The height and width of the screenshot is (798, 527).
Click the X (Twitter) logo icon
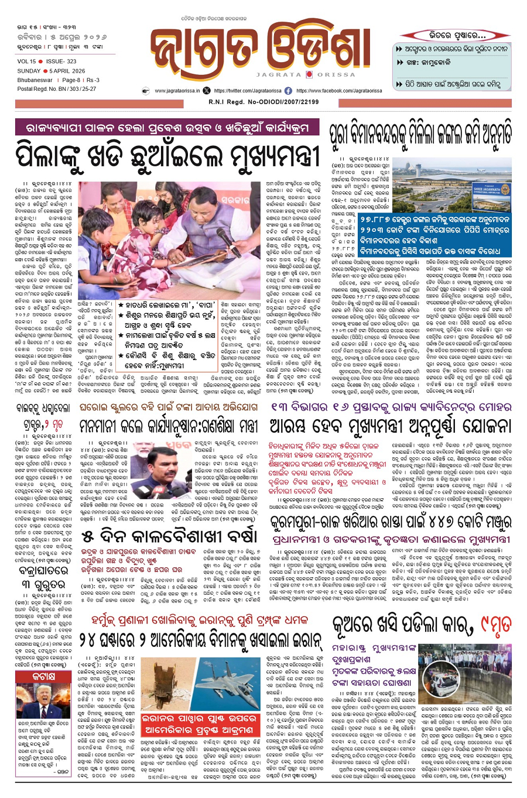pyautogui.click(x=206, y=91)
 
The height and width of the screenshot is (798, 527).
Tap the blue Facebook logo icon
pyautogui.click(x=288, y=91)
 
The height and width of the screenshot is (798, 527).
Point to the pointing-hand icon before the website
pyautogui.click(x=146, y=91)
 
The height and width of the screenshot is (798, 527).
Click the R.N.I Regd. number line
pyautogui.click(x=263, y=102)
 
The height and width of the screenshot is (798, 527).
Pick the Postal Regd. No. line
pyautogui.click(x=57, y=89)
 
